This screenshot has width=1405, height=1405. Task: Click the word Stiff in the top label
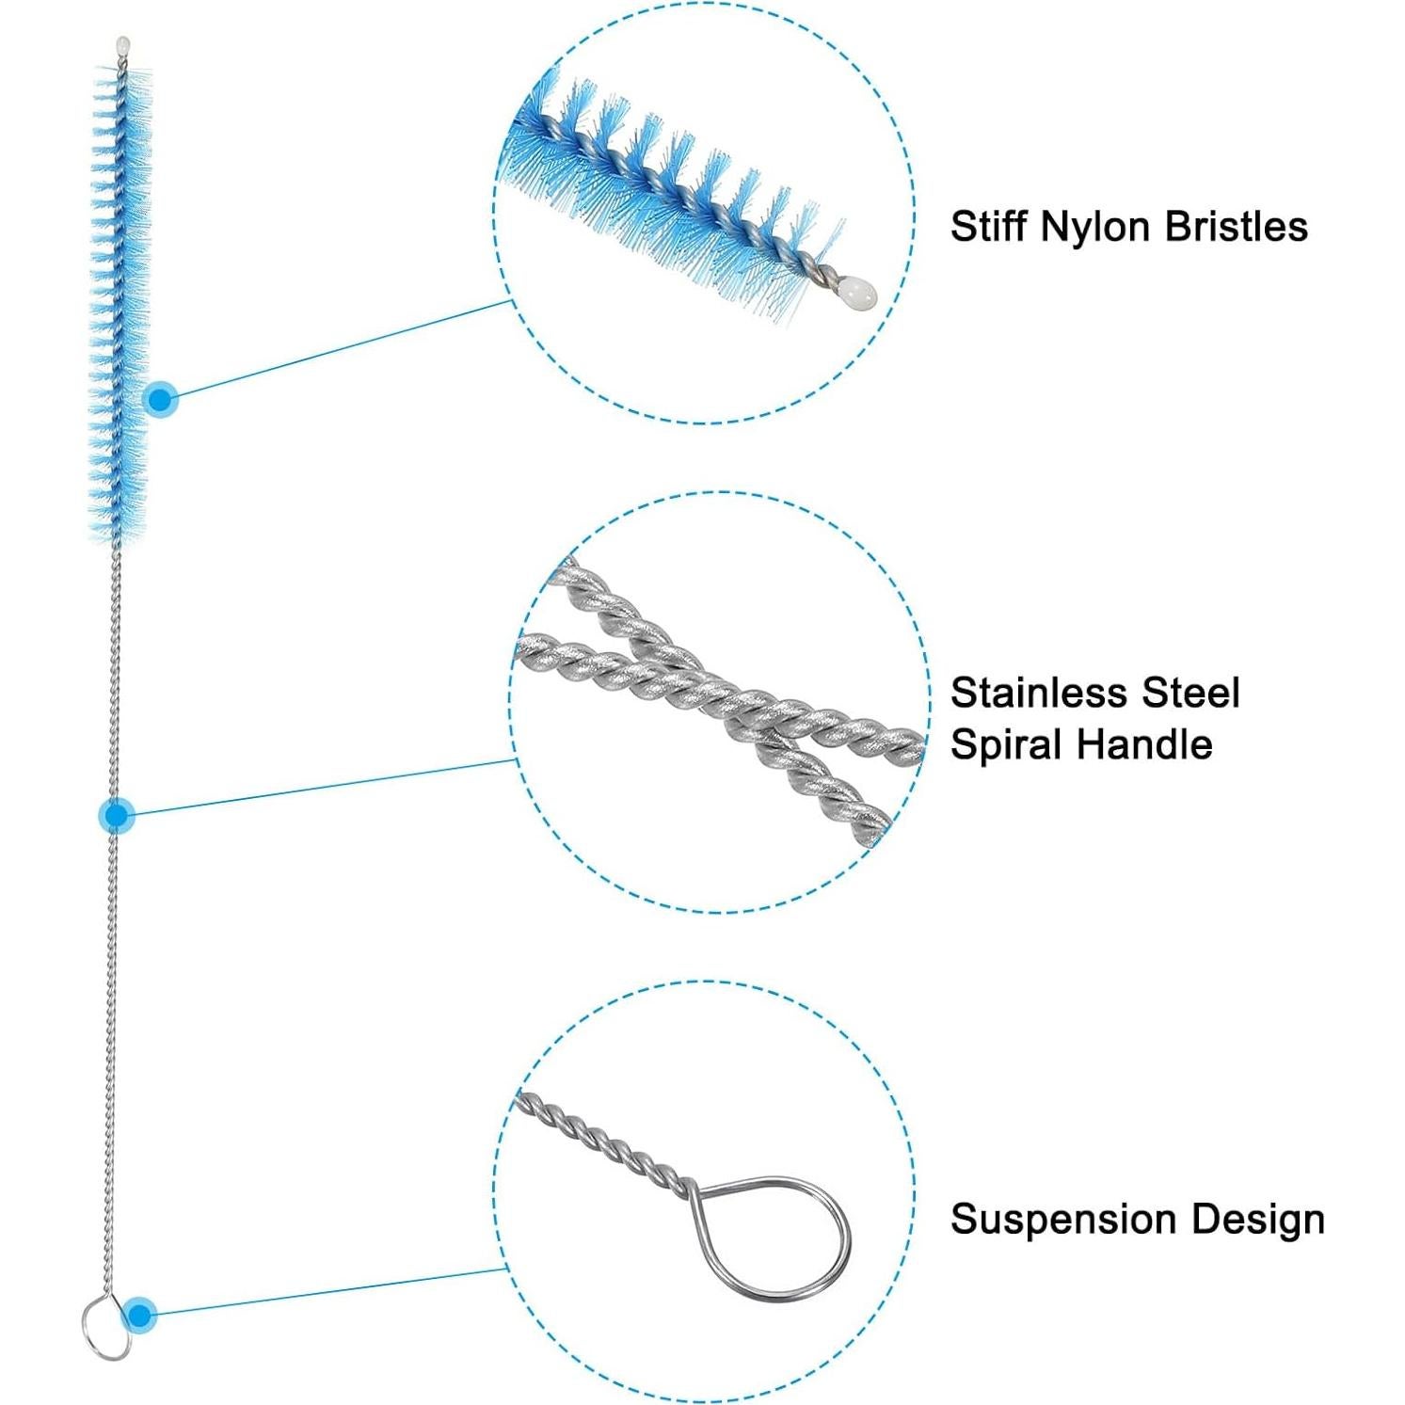coord(987,227)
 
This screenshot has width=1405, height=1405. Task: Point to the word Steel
coord(1189,694)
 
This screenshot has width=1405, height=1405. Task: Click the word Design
coord(1259,1220)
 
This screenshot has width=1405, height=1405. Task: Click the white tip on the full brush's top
coord(122,44)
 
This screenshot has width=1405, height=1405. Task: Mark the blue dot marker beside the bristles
coord(162,400)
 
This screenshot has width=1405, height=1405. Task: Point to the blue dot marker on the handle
coord(117,815)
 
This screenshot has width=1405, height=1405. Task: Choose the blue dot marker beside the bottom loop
coord(140,1314)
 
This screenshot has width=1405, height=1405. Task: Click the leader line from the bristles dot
coord(339,350)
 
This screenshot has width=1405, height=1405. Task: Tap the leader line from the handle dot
coord(320,788)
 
